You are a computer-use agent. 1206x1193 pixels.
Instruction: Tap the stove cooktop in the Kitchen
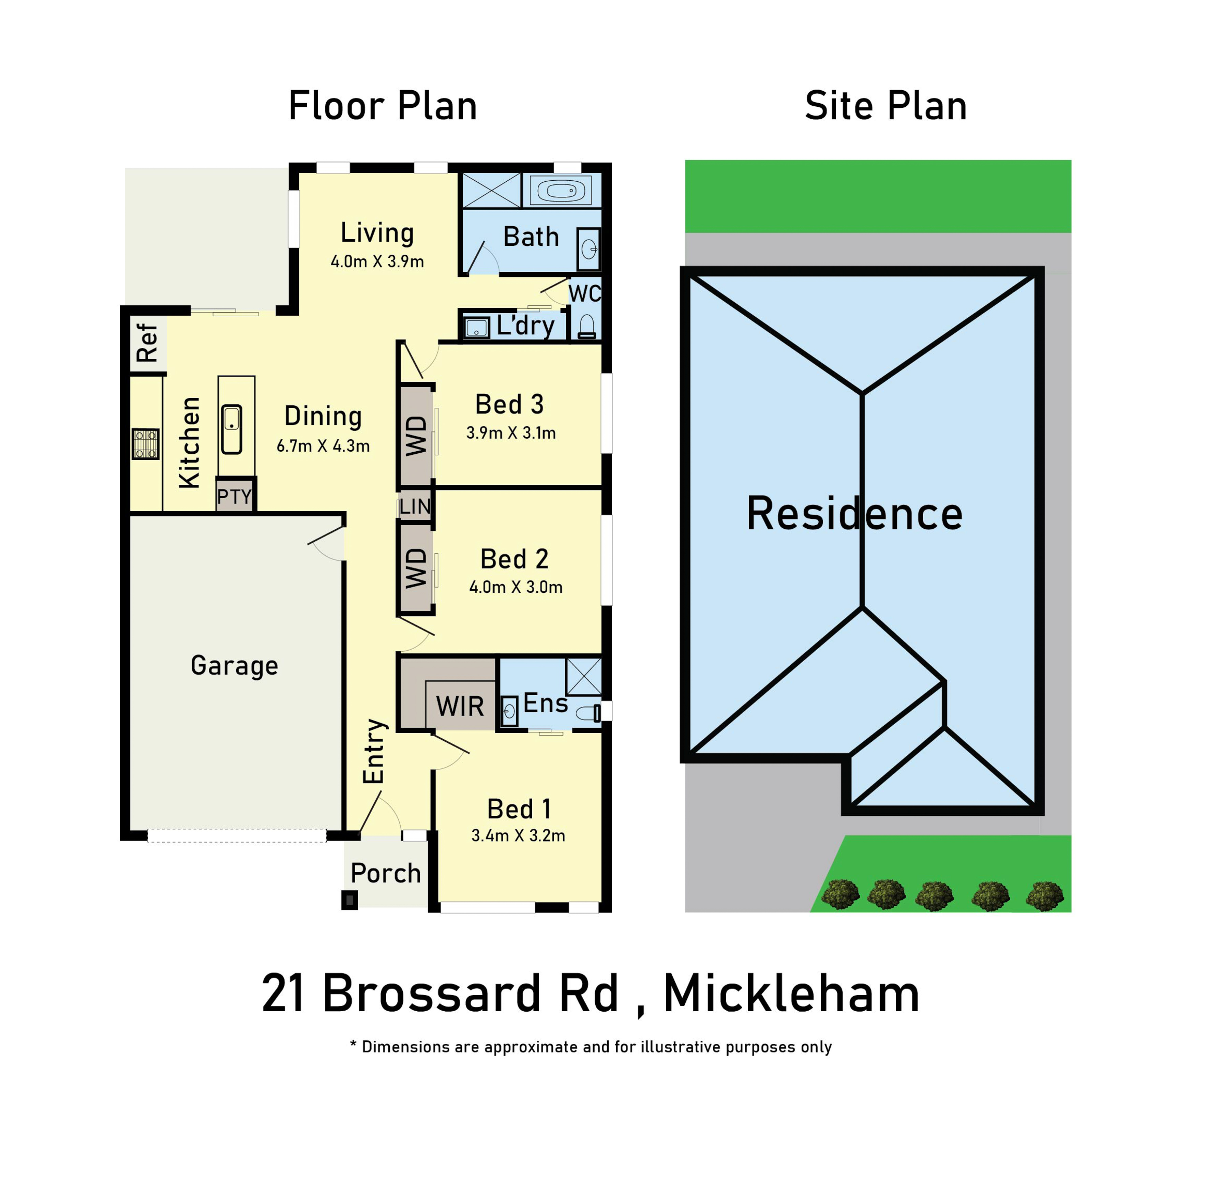click(x=146, y=444)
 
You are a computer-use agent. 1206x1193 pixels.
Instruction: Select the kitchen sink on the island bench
click(x=232, y=429)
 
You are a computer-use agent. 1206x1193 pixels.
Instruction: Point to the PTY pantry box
click(x=235, y=496)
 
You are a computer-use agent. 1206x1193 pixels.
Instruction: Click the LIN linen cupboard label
click(x=415, y=506)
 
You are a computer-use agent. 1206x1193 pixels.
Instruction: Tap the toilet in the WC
click(x=587, y=326)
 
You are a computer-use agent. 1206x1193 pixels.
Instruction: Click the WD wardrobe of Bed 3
click(x=416, y=436)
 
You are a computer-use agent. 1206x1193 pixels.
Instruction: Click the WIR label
click(x=460, y=706)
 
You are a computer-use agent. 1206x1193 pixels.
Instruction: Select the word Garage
click(x=234, y=666)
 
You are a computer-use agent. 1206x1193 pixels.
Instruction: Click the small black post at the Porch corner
click(x=349, y=900)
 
